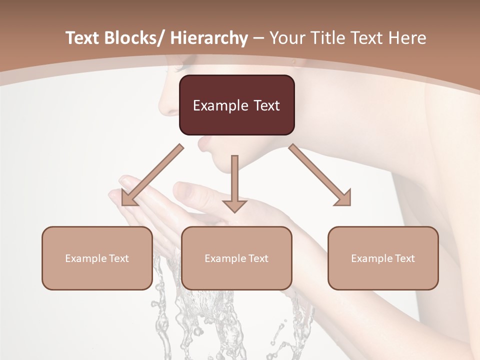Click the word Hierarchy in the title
(209, 38)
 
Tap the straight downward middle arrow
(234, 180)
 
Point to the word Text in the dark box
(265, 105)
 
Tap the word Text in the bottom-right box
(404, 258)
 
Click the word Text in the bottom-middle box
(257, 258)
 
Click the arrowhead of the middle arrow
(234, 205)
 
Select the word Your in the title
(285, 38)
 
